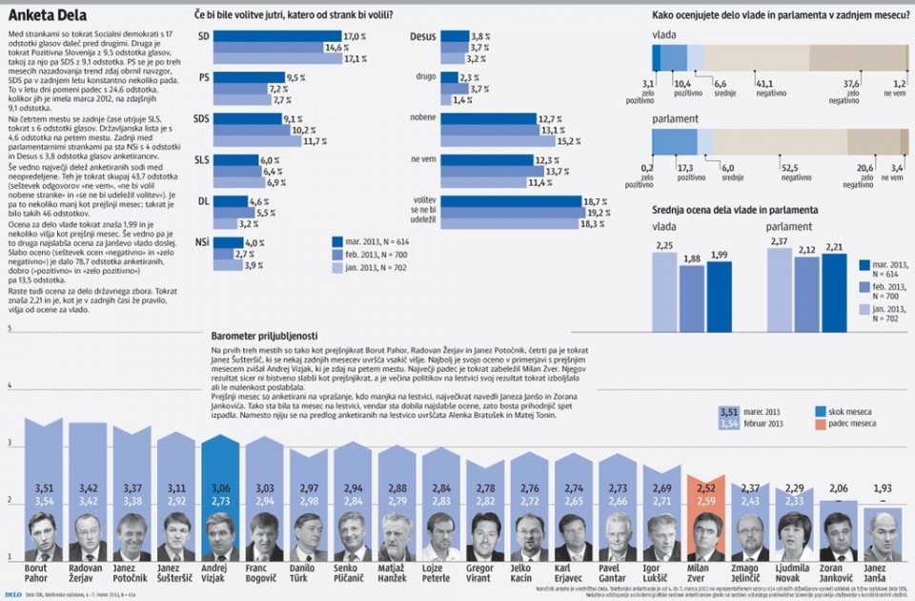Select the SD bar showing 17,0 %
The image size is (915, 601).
[277, 35]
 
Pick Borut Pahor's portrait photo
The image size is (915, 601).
[40, 536]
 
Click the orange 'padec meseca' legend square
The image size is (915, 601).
[820, 423]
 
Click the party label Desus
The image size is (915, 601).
[422, 35]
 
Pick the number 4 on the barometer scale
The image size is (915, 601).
[10, 386]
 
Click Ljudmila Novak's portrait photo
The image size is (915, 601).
[794, 537]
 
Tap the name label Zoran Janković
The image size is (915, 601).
[838, 575]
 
